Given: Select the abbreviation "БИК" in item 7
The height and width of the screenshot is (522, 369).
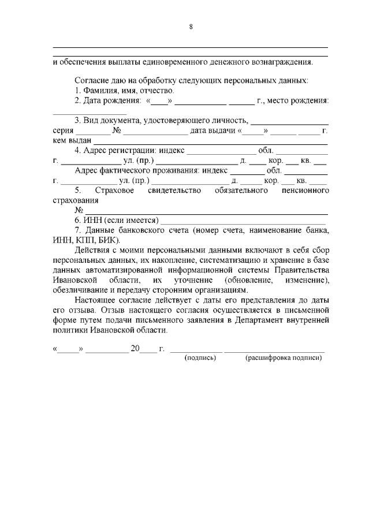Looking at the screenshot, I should [x=109, y=239].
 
